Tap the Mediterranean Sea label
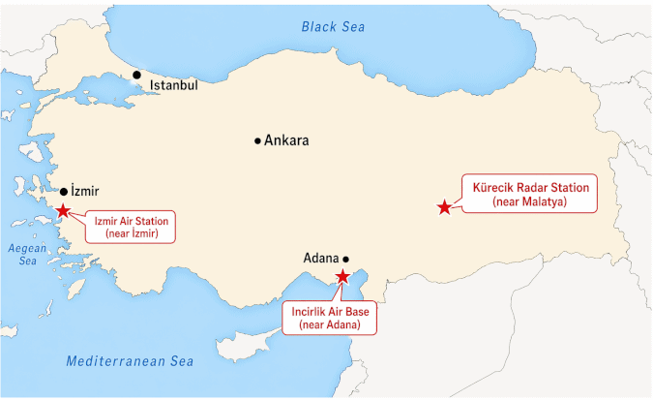point(130,361)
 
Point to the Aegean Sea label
point(27,254)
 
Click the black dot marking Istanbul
point(137,75)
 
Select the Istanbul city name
point(174,85)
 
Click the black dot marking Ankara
point(257,140)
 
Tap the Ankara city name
point(287,140)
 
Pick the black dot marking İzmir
point(64,192)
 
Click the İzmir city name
point(86,192)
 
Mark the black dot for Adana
point(346,259)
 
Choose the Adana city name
point(321,259)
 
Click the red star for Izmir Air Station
point(63,210)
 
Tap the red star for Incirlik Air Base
point(341,277)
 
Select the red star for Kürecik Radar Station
point(444,206)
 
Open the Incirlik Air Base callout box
point(331,319)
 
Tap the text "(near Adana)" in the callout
point(331,326)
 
